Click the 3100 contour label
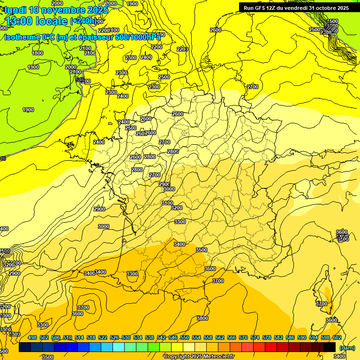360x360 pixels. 167,203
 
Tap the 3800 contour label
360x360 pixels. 202,318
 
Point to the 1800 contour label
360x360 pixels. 37,53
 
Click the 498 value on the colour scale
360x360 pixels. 32,337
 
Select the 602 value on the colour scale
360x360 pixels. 337,337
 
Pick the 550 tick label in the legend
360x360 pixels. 184,337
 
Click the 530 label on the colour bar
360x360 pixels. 126,337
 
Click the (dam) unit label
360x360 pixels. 346,348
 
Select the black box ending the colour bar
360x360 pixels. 330,347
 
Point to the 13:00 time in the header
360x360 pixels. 22,21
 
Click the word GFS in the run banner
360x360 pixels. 260,8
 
